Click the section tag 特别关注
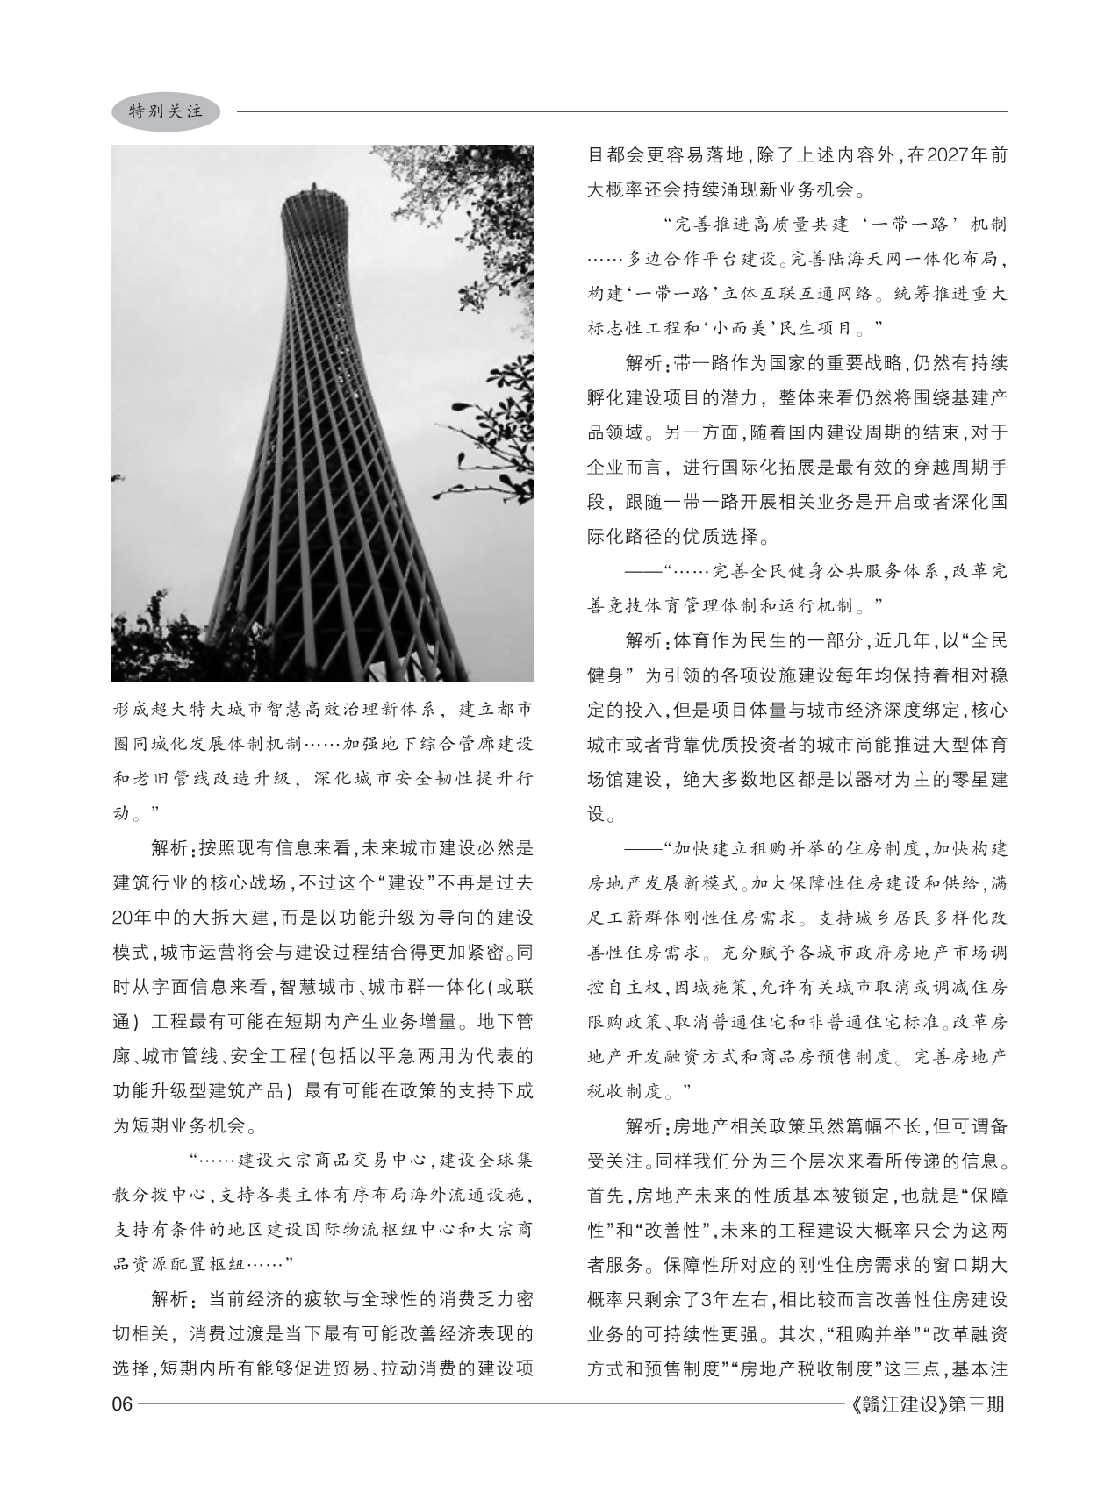(x=166, y=111)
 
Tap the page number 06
(x=122, y=1404)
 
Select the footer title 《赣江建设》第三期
(x=929, y=1404)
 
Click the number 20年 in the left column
(x=133, y=918)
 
